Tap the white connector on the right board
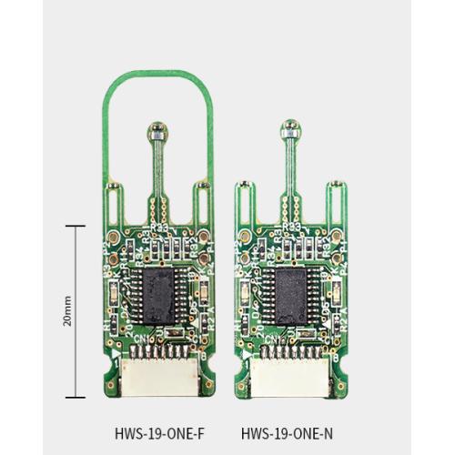click(293, 374)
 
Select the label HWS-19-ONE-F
click(160, 433)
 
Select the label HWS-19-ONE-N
click(292, 433)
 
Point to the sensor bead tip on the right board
click(291, 128)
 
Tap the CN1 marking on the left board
click(144, 339)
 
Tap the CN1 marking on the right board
click(277, 339)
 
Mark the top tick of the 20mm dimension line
click(75, 226)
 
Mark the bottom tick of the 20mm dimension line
click(75, 398)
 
